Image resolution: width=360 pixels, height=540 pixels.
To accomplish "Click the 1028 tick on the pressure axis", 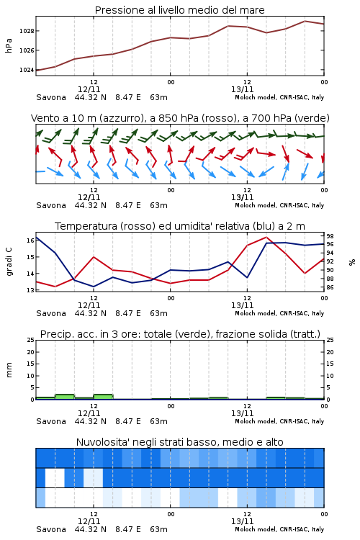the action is click(27, 31).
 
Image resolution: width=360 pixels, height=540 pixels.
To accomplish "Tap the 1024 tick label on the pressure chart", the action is click(27, 70).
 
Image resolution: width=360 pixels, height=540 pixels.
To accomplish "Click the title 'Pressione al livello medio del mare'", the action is click(179, 10).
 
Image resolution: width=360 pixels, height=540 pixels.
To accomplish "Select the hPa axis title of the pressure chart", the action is click(9, 45).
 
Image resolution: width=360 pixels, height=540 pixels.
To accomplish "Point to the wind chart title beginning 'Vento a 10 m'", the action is click(180, 118).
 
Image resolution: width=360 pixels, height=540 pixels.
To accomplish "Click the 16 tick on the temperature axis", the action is click(30, 240).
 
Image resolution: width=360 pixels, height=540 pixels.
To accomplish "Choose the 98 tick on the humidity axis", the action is click(330, 236).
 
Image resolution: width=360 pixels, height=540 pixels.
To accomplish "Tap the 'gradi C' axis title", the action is click(9, 262).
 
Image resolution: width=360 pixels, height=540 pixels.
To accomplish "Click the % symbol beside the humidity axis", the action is click(352, 262).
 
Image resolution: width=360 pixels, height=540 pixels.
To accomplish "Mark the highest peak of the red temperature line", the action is click(266, 237).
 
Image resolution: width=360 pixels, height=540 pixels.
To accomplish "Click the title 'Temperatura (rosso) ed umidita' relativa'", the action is click(180, 226).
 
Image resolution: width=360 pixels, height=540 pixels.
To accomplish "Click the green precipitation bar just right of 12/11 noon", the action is click(104, 397).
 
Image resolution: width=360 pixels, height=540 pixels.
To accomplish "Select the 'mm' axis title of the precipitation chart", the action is click(9, 370).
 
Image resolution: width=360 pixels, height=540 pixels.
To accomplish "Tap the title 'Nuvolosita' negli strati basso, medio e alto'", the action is click(179, 442).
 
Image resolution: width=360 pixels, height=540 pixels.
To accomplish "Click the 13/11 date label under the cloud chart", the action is click(242, 521).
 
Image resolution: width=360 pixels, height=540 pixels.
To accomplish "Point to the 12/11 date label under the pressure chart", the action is click(89, 89).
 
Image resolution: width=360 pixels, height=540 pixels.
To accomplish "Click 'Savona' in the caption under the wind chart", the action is click(51, 205).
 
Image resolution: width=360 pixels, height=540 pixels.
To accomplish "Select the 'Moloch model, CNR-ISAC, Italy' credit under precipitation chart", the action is click(279, 421).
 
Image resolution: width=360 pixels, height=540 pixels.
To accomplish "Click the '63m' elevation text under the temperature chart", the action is click(158, 313).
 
